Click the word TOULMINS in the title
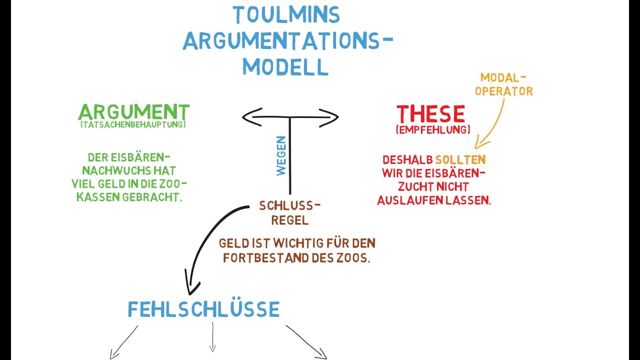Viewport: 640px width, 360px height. [286, 15]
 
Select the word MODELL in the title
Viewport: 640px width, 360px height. [285, 66]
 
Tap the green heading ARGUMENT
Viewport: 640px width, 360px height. [133, 111]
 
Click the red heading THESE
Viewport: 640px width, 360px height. [430, 114]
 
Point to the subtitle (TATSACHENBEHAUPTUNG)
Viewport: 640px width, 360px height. [133, 124]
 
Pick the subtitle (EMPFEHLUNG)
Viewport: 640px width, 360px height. [433, 129]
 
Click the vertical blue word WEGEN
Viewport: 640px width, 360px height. [281, 155]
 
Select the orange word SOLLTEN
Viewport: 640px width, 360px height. [460, 160]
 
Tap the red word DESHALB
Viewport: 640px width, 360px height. [407, 160]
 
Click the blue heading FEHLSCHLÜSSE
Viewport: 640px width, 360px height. [203, 309]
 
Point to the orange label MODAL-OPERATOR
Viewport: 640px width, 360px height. [503, 84]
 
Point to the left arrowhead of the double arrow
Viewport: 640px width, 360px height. [246, 117]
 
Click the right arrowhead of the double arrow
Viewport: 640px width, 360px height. [334, 117]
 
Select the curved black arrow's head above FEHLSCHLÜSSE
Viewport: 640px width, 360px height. [190, 288]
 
